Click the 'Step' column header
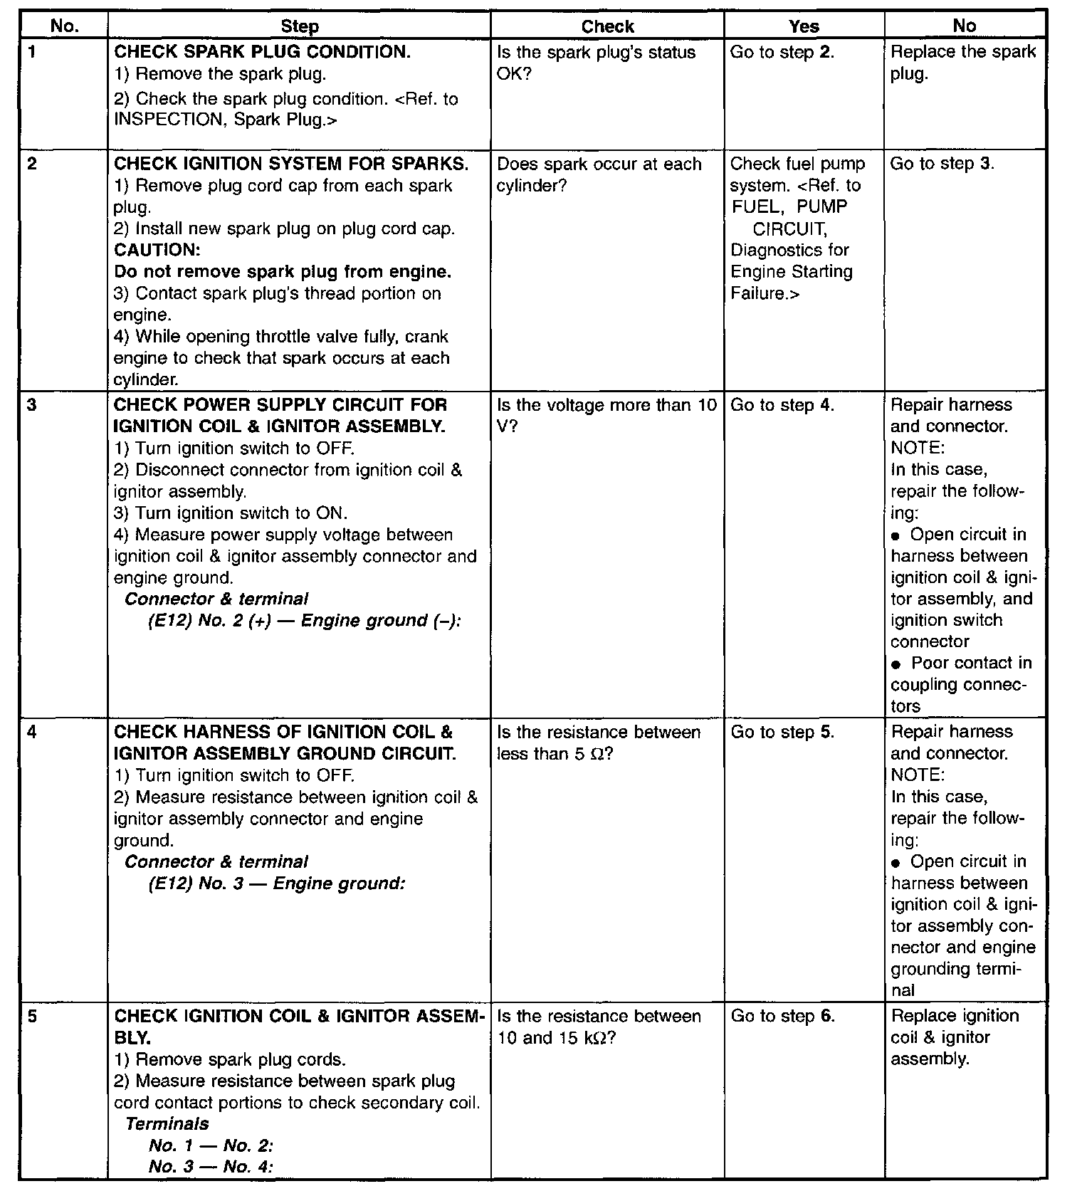(x=299, y=27)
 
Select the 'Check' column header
(x=606, y=27)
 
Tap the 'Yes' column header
(x=804, y=27)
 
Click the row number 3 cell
(x=33, y=405)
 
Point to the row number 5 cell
(x=33, y=1017)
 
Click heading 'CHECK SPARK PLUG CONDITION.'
(x=262, y=52)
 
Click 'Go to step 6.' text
(x=782, y=1017)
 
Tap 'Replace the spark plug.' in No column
(x=962, y=63)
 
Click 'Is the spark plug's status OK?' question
(x=596, y=63)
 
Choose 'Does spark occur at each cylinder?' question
(x=599, y=174)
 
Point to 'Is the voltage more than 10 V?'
(x=606, y=416)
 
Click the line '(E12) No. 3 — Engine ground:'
(x=276, y=883)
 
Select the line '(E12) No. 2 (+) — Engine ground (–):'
(x=305, y=621)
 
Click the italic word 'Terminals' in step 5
(x=167, y=1124)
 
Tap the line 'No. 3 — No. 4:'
(x=211, y=1167)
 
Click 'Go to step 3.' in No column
(x=942, y=164)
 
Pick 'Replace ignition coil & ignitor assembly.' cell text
(x=954, y=1037)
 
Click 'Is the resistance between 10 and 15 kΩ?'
(x=599, y=1027)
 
